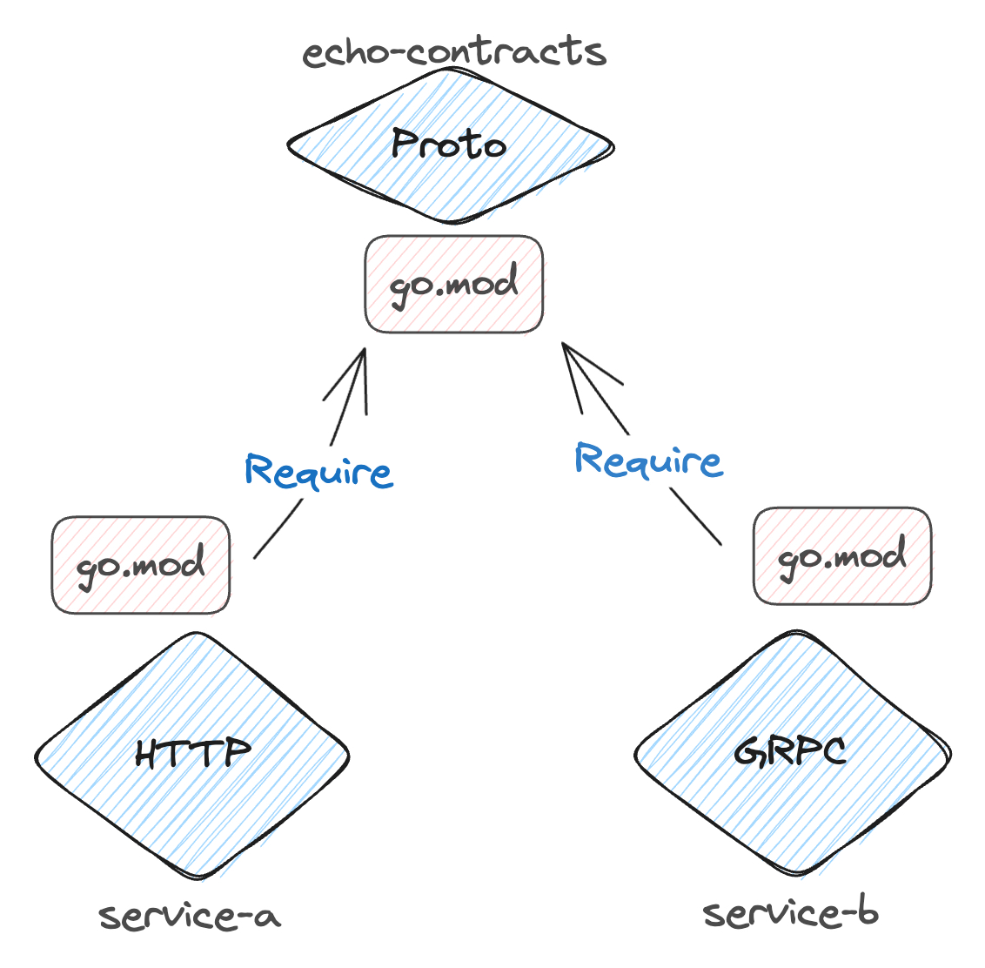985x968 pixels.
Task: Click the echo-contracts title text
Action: (x=453, y=52)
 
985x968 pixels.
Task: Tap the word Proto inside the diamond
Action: (x=448, y=144)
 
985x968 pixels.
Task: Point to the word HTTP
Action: (x=193, y=753)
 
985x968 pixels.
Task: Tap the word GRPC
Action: (x=790, y=750)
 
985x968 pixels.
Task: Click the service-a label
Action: (x=190, y=916)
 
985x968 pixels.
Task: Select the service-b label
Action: (x=790, y=913)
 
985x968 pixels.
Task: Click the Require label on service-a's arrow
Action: (x=318, y=471)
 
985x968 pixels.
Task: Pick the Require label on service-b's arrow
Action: (x=648, y=459)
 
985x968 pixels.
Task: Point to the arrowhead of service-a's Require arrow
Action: (x=363, y=353)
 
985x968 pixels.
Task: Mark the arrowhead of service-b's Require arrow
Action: (x=566, y=348)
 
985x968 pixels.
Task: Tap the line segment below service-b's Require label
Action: (x=695, y=517)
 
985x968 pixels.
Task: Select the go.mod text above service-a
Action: (x=140, y=566)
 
